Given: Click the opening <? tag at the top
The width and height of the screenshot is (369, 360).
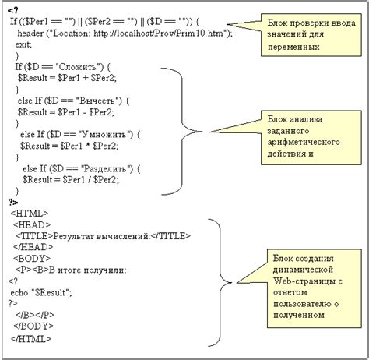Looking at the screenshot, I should click(13, 9).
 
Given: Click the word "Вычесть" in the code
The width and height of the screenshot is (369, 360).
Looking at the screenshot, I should click(97, 101).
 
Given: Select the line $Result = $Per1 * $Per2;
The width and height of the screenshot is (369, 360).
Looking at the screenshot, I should click(69, 145).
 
